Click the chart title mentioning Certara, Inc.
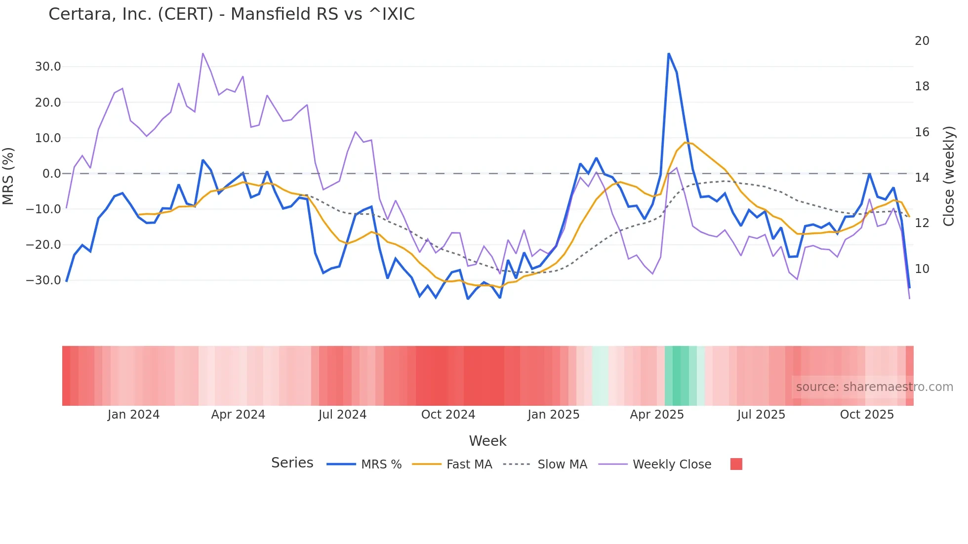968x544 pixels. coord(231,14)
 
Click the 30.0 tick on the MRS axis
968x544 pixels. coord(48,67)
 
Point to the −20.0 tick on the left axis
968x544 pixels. coord(43,244)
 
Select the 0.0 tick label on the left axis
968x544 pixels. coord(51,173)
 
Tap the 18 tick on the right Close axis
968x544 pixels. coord(922,86)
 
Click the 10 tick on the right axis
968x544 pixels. coord(922,269)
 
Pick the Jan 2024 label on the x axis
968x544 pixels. coord(133,415)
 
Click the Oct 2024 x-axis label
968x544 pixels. coord(448,415)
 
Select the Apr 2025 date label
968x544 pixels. coord(656,415)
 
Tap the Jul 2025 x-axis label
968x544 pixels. coord(761,415)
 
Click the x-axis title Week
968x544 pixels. coord(487,441)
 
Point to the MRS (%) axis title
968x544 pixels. coord(8,176)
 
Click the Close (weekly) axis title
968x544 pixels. coord(948,176)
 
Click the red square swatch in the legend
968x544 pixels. coord(736,464)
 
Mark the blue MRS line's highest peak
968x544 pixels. coord(669,54)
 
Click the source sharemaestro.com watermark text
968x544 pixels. coord(874,387)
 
